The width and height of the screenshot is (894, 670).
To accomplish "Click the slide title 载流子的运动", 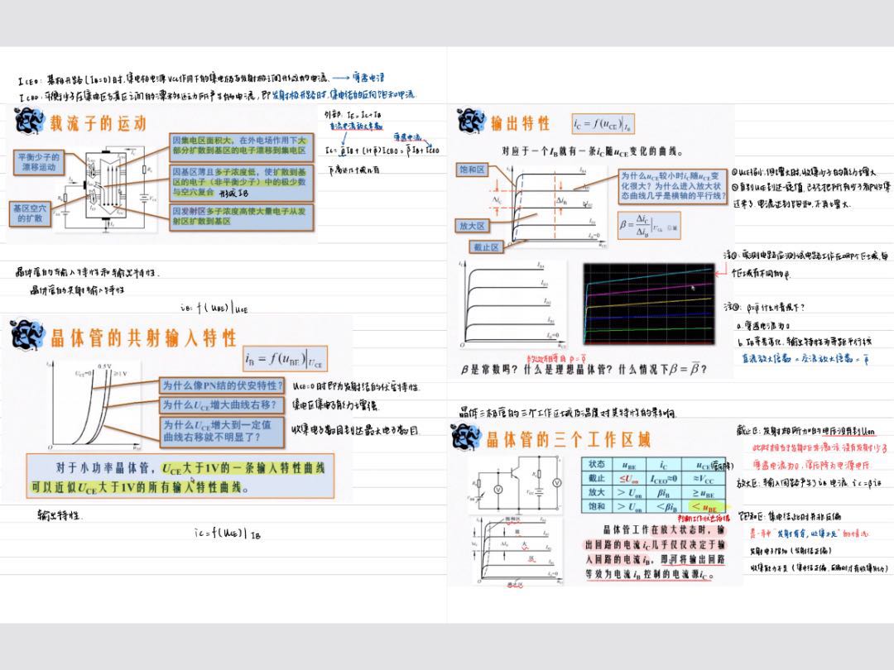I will pos(98,123).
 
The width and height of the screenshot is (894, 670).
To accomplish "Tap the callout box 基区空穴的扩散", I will pos(30,213).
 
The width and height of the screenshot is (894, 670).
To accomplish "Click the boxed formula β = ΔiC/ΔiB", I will pos(649,224).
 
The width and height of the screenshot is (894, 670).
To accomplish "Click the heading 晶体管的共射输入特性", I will pos(143,337).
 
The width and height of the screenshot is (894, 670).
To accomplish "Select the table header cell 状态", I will pos(597,464).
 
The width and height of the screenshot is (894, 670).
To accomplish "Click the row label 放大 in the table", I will pos(597,492).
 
